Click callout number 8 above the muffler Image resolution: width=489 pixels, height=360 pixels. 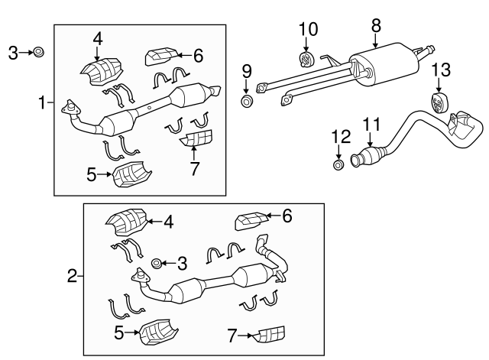coord(376,25)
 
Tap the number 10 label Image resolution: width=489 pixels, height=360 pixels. coord(307,30)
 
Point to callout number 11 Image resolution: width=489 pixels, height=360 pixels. coord(371,124)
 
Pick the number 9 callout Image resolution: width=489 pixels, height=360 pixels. coord(247,72)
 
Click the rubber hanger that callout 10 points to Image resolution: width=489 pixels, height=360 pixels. coord(306,59)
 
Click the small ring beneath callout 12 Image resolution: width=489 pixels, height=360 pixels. coord(338,164)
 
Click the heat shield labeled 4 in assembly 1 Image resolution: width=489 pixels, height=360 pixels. coord(102,70)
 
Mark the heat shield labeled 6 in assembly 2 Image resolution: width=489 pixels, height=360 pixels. coord(251,221)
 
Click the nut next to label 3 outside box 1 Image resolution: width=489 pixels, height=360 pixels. coord(39,52)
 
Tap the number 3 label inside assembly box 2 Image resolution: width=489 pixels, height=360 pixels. coord(181,264)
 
